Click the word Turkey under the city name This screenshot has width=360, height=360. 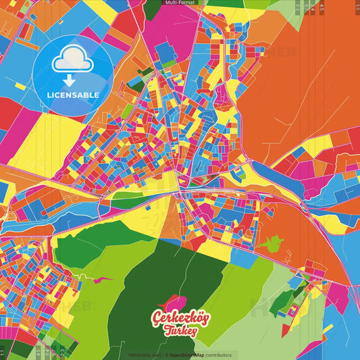pos(180,331)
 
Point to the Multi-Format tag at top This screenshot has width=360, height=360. pos(180,3)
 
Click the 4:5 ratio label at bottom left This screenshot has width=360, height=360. pos(38,351)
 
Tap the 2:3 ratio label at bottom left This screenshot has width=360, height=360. pos(63,351)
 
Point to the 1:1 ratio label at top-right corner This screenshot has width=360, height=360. pos(357,8)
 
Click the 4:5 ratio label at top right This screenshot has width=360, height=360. pos(322,8)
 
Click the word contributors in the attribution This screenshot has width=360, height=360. pos(219,355)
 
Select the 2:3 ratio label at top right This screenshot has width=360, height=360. pos(298,8)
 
